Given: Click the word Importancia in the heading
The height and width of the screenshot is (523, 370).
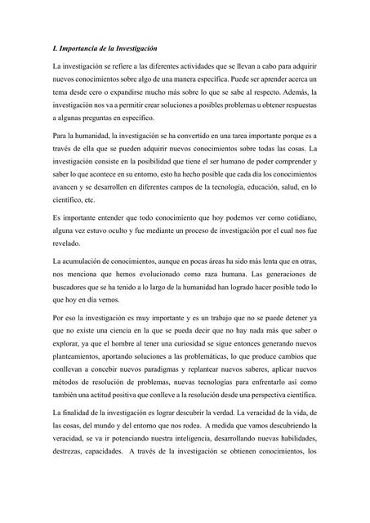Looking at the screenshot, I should pos(78,49).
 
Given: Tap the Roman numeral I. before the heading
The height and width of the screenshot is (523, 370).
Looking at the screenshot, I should pos(53,49).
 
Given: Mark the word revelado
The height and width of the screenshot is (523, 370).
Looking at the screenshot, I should pos(66,245).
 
